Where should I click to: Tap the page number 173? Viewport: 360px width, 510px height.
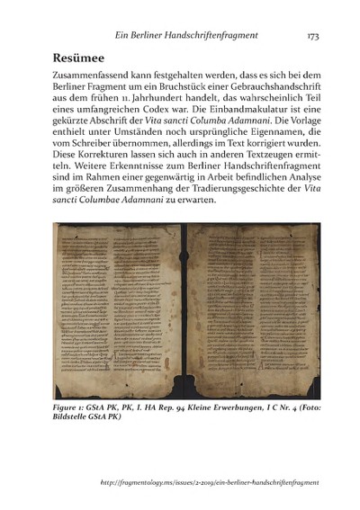pos(313,36)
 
